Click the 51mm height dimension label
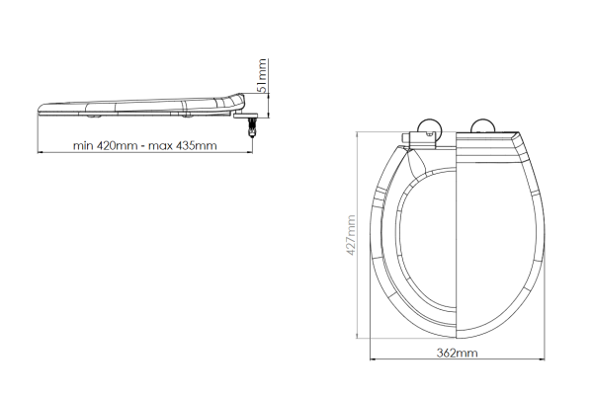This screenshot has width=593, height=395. (x=262, y=75)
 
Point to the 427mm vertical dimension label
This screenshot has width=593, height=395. (x=351, y=236)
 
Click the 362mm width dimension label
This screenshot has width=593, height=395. (x=456, y=353)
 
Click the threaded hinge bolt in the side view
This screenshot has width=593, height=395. (x=252, y=124)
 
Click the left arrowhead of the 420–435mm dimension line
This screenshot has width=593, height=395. (x=41, y=154)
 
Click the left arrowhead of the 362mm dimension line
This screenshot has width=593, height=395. (x=373, y=360)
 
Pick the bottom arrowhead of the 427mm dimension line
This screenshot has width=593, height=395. (x=358, y=338)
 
